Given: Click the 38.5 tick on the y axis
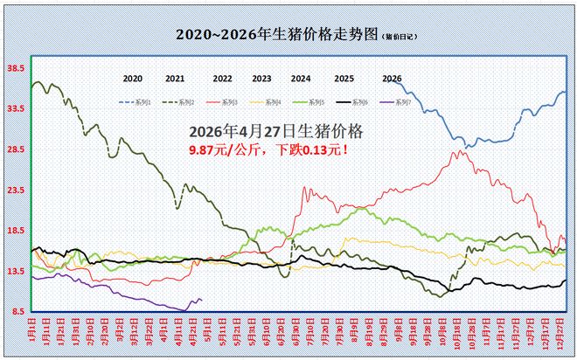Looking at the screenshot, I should pyautogui.click(x=15, y=67).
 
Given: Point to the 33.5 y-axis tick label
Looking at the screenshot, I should pyautogui.click(x=15, y=108).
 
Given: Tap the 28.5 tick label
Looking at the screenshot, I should pyautogui.click(x=15, y=149).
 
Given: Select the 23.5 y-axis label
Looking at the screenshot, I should pyautogui.click(x=15, y=190).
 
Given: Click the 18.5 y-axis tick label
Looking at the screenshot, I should pyautogui.click(x=15, y=231).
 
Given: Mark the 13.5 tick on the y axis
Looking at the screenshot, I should pyautogui.click(x=15, y=271).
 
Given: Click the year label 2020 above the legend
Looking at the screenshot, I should pyautogui.click(x=133, y=79).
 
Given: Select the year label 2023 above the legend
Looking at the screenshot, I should pyautogui.click(x=261, y=79).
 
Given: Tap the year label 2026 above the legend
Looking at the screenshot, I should pyautogui.click(x=393, y=79).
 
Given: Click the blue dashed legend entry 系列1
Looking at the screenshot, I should pyautogui.click(x=136, y=103).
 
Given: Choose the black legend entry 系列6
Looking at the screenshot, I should pyautogui.click(x=346, y=103).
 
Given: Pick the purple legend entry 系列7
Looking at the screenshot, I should pyautogui.click(x=388, y=103).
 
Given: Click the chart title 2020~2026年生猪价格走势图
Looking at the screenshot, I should pyautogui.click(x=277, y=35).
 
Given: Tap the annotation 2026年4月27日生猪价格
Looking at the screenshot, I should pyautogui.click(x=276, y=131).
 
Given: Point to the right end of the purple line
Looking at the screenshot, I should pyautogui.click(x=202, y=301).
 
